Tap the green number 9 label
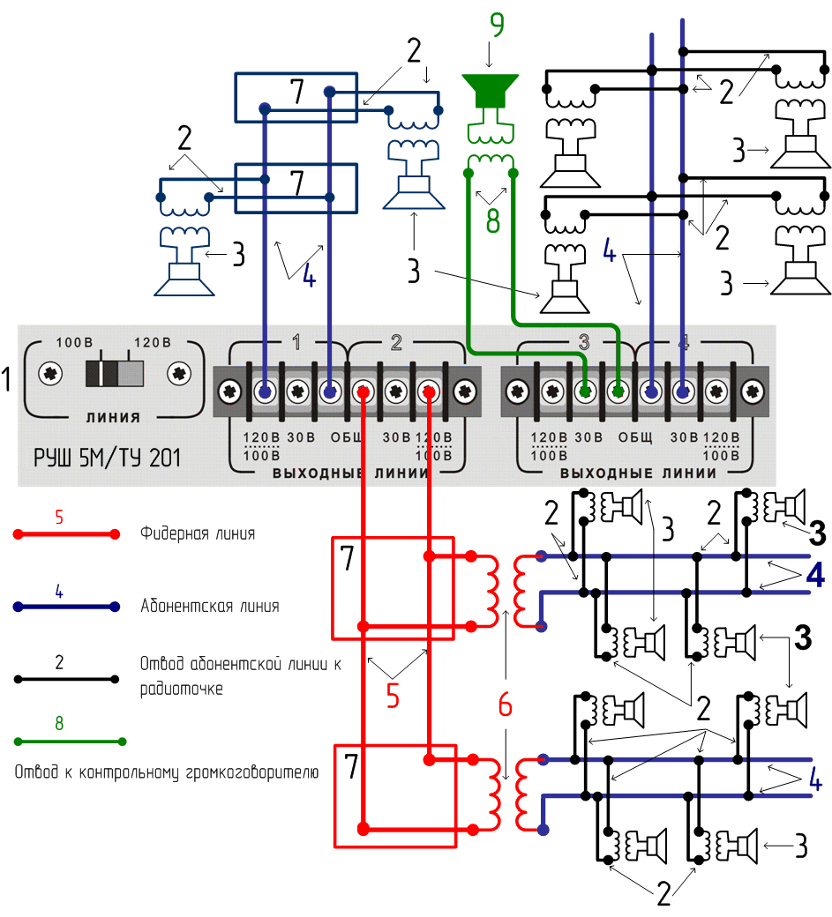[498, 26]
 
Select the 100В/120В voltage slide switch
[114, 373]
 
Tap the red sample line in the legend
[65, 534]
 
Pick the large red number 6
[505, 705]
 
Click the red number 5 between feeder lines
[394, 696]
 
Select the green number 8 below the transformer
[493, 220]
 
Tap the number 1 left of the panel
[8, 380]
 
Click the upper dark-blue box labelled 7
[296, 98]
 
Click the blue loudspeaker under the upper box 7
[413, 176]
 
